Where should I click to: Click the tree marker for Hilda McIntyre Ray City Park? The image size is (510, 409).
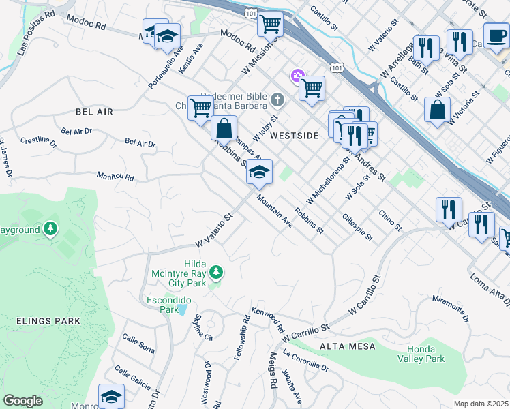click(216, 273)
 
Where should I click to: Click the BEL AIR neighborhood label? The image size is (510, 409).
click(94, 110)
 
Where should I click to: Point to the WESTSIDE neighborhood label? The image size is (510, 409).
click(294, 136)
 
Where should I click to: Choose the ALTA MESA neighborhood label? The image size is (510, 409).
click(349, 346)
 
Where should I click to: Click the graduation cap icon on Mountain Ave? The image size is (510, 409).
click(259, 172)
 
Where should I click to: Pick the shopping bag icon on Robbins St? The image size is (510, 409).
click(223, 128)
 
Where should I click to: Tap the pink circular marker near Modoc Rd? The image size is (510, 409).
click(297, 75)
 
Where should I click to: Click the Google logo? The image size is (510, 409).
click(22, 401)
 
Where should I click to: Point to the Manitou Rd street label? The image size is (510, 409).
click(115, 177)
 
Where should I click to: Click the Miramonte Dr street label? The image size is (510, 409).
click(452, 309)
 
